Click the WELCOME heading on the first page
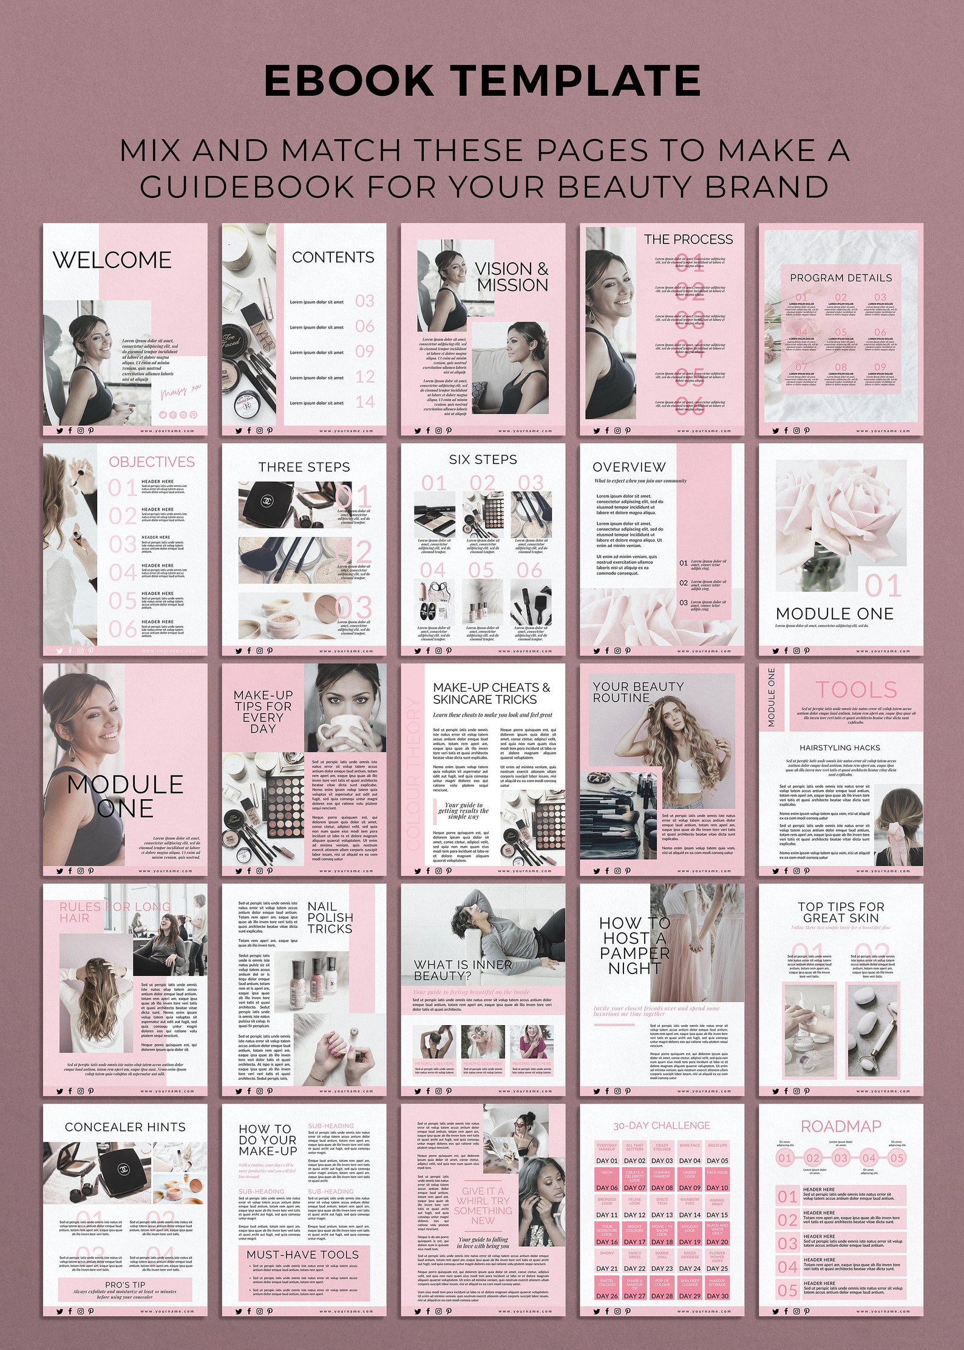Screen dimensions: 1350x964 pos(112,260)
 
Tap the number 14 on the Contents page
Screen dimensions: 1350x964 pos(365,402)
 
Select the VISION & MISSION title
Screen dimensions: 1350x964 pos(512,277)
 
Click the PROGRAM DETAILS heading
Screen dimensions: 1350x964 pos(841,278)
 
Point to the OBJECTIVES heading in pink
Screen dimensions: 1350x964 pos(152,462)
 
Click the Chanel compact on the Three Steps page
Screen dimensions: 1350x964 pos(266,502)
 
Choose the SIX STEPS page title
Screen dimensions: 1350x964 pos(483,460)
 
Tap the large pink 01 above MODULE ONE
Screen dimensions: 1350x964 pos(883,587)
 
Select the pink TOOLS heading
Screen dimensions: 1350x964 pos(856,690)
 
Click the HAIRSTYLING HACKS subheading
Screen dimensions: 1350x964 pos(840,748)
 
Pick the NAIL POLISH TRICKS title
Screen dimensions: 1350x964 pos(330,918)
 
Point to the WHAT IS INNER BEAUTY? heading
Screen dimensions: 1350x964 pos(463,970)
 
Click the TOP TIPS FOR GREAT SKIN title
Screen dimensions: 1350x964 pos(841,912)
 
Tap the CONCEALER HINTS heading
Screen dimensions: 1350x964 pos(125,1127)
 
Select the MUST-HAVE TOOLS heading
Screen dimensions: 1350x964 pos(302,1255)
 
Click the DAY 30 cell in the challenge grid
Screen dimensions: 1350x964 pos(717,1296)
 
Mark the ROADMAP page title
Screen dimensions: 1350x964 pos(841,1127)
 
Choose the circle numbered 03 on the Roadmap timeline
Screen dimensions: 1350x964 pos(841,1158)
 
